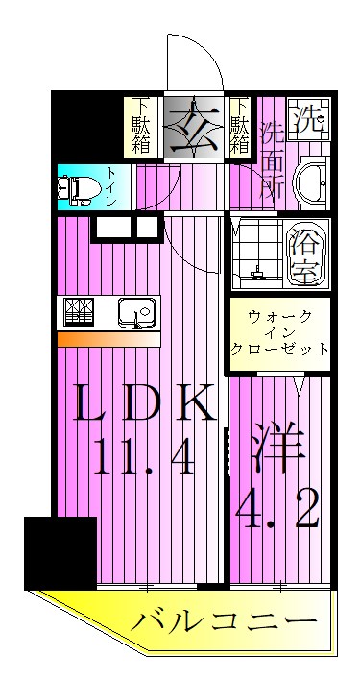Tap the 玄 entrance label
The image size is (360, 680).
coord(195,124)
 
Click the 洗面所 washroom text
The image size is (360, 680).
coord(272,159)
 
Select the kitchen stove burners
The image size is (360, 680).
coord(78,313)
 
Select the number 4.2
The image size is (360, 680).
coord(278,513)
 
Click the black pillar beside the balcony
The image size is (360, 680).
coord(60,551)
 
